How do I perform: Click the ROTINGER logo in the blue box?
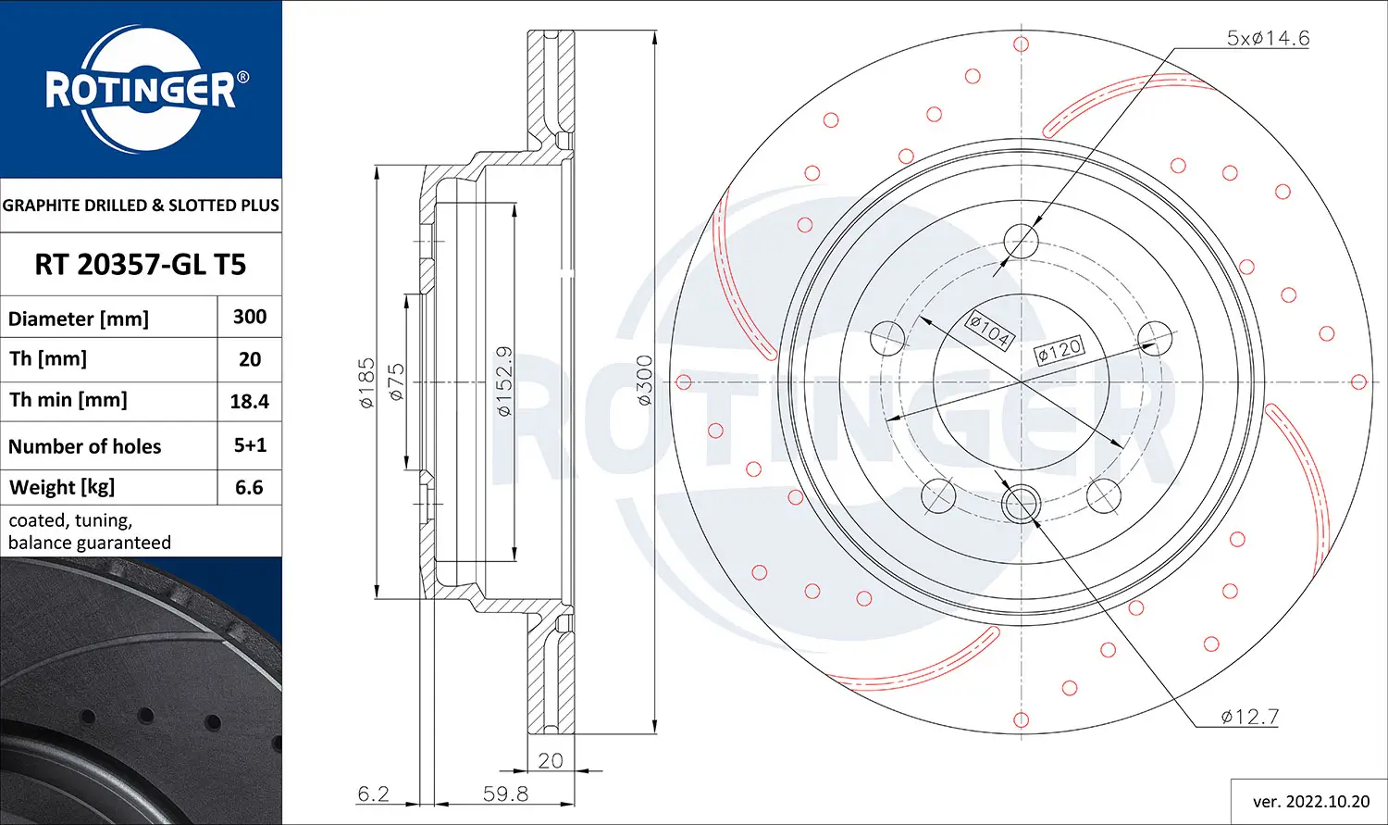pos(141,90)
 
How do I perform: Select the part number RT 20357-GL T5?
pos(141,265)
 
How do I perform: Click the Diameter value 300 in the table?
pos(250,317)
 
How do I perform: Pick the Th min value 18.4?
pos(250,402)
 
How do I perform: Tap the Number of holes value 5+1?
pos(250,445)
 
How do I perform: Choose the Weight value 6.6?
pos(250,487)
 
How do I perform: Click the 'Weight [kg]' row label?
pos(62,487)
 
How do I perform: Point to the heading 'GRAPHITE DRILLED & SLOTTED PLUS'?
pos(141,206)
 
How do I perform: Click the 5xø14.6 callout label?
pos(1268,38)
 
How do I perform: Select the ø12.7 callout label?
pos(1249,717)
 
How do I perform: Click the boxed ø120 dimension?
pos(1059,350)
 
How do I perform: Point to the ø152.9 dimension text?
pos(504,381)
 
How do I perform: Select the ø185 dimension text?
pos(367,382)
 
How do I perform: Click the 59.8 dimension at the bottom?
pos(505,794)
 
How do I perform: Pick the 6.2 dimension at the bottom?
pos(373,794)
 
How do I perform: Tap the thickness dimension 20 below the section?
pos(551,760)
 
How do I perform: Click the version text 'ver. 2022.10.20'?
pos(1310,801)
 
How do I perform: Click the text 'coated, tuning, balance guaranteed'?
pos(90,531)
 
